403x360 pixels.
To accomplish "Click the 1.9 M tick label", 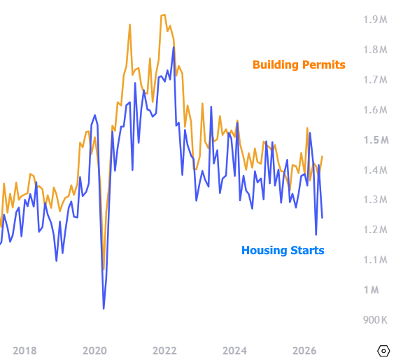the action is [375, 20].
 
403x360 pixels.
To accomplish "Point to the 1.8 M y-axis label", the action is [375, 50].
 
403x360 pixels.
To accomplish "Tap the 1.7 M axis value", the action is [375, 80].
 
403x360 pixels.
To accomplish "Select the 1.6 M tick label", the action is [375, 110].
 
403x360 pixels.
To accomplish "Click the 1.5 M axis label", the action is [376, 140].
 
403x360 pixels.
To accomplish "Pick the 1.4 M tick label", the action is [375, 170].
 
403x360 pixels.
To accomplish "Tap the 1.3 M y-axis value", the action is [375, 200].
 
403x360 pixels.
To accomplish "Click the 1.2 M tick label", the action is [375, 230].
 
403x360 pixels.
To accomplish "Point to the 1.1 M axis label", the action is [375, 260].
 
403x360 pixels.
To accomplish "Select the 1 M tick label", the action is [371, 290].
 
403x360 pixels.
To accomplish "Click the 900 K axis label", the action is [375, 320].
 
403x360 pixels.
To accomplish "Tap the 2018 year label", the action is [24, 351].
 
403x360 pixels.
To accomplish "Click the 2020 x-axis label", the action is [94, 351].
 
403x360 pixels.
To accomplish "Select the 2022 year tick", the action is [164, 351].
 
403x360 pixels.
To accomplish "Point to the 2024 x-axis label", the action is [234, 351].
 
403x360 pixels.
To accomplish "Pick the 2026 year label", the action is [304, 351].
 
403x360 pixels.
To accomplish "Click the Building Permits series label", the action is [299, 65].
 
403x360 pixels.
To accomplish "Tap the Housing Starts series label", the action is [283, 250].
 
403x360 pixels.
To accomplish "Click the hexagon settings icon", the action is [383, 351].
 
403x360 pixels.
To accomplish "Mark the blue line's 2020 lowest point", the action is [104, 309].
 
